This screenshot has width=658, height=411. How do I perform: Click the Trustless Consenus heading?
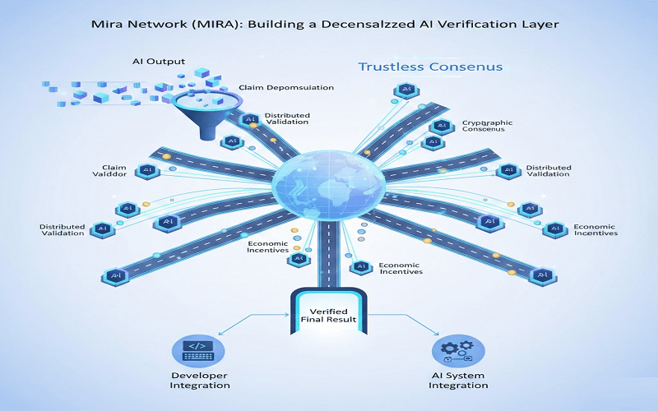click(x=430, y=66)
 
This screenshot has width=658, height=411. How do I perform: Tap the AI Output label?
click(x=160, y=61)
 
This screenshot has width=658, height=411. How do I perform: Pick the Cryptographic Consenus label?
click(x=487, y=126)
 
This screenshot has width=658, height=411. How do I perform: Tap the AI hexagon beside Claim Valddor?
click(x=149, y=170)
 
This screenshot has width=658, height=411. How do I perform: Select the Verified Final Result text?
click(x=327, y=314)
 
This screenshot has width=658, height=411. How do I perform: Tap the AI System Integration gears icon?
click(x=457, y=349)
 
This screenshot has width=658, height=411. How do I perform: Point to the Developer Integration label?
click(x=200, y=381)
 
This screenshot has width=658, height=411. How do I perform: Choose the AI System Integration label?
click(x=458, y=381)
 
